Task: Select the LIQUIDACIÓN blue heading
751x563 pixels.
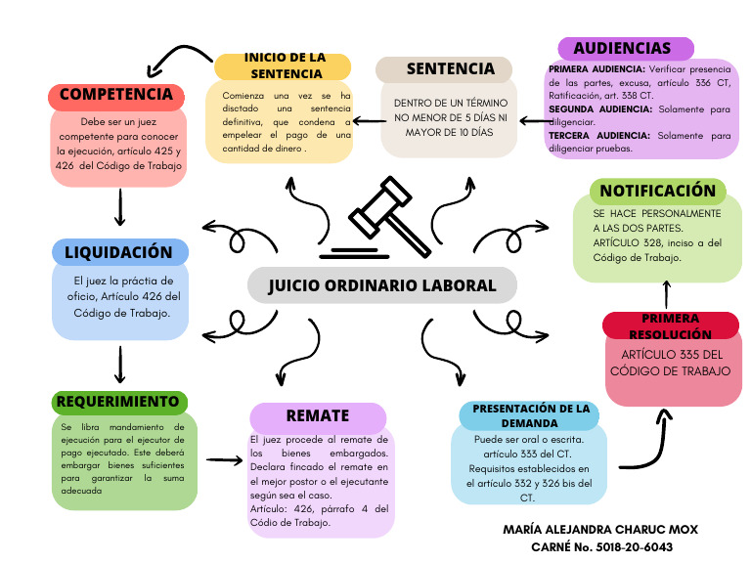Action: click(x=119, y=252)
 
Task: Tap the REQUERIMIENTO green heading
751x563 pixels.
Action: click(x=118, y=402)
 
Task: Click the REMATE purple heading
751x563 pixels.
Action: click(x=318, y=416)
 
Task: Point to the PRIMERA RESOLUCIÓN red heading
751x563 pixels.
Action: click(x=670, y=326)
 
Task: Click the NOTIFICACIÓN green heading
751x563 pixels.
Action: click(x=657, y=191)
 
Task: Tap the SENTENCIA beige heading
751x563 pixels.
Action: click(x=446, y=68)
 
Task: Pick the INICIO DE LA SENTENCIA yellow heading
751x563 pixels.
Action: click(x=284, y=66)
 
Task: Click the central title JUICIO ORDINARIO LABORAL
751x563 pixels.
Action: click(x=381, y=286)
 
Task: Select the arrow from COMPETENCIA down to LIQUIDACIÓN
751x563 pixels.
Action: click(x=119, y=206)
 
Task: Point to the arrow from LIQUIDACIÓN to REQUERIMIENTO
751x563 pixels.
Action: click(x=119, y=364)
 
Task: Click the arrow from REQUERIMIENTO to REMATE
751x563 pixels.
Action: click(x=224, y=458)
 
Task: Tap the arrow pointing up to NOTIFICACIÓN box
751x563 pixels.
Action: click(x=667, y=293)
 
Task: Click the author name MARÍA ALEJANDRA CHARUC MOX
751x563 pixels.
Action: click(x=600, y=529)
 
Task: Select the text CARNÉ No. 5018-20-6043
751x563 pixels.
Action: click(x=600, y=546)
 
